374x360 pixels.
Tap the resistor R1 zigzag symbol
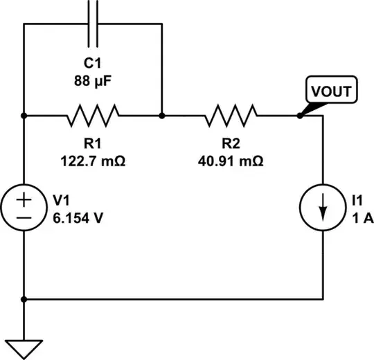tap(93, 116)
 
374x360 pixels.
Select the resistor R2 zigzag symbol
tap(231, 116)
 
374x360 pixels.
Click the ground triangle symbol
tap(24, 348)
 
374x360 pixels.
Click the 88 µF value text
tap(93, 81)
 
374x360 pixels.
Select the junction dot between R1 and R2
tap(161, 116)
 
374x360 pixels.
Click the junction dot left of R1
tap(24, 116)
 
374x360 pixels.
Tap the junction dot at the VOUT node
tap(299, 116)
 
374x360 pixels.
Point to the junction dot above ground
tap(24, 300)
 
